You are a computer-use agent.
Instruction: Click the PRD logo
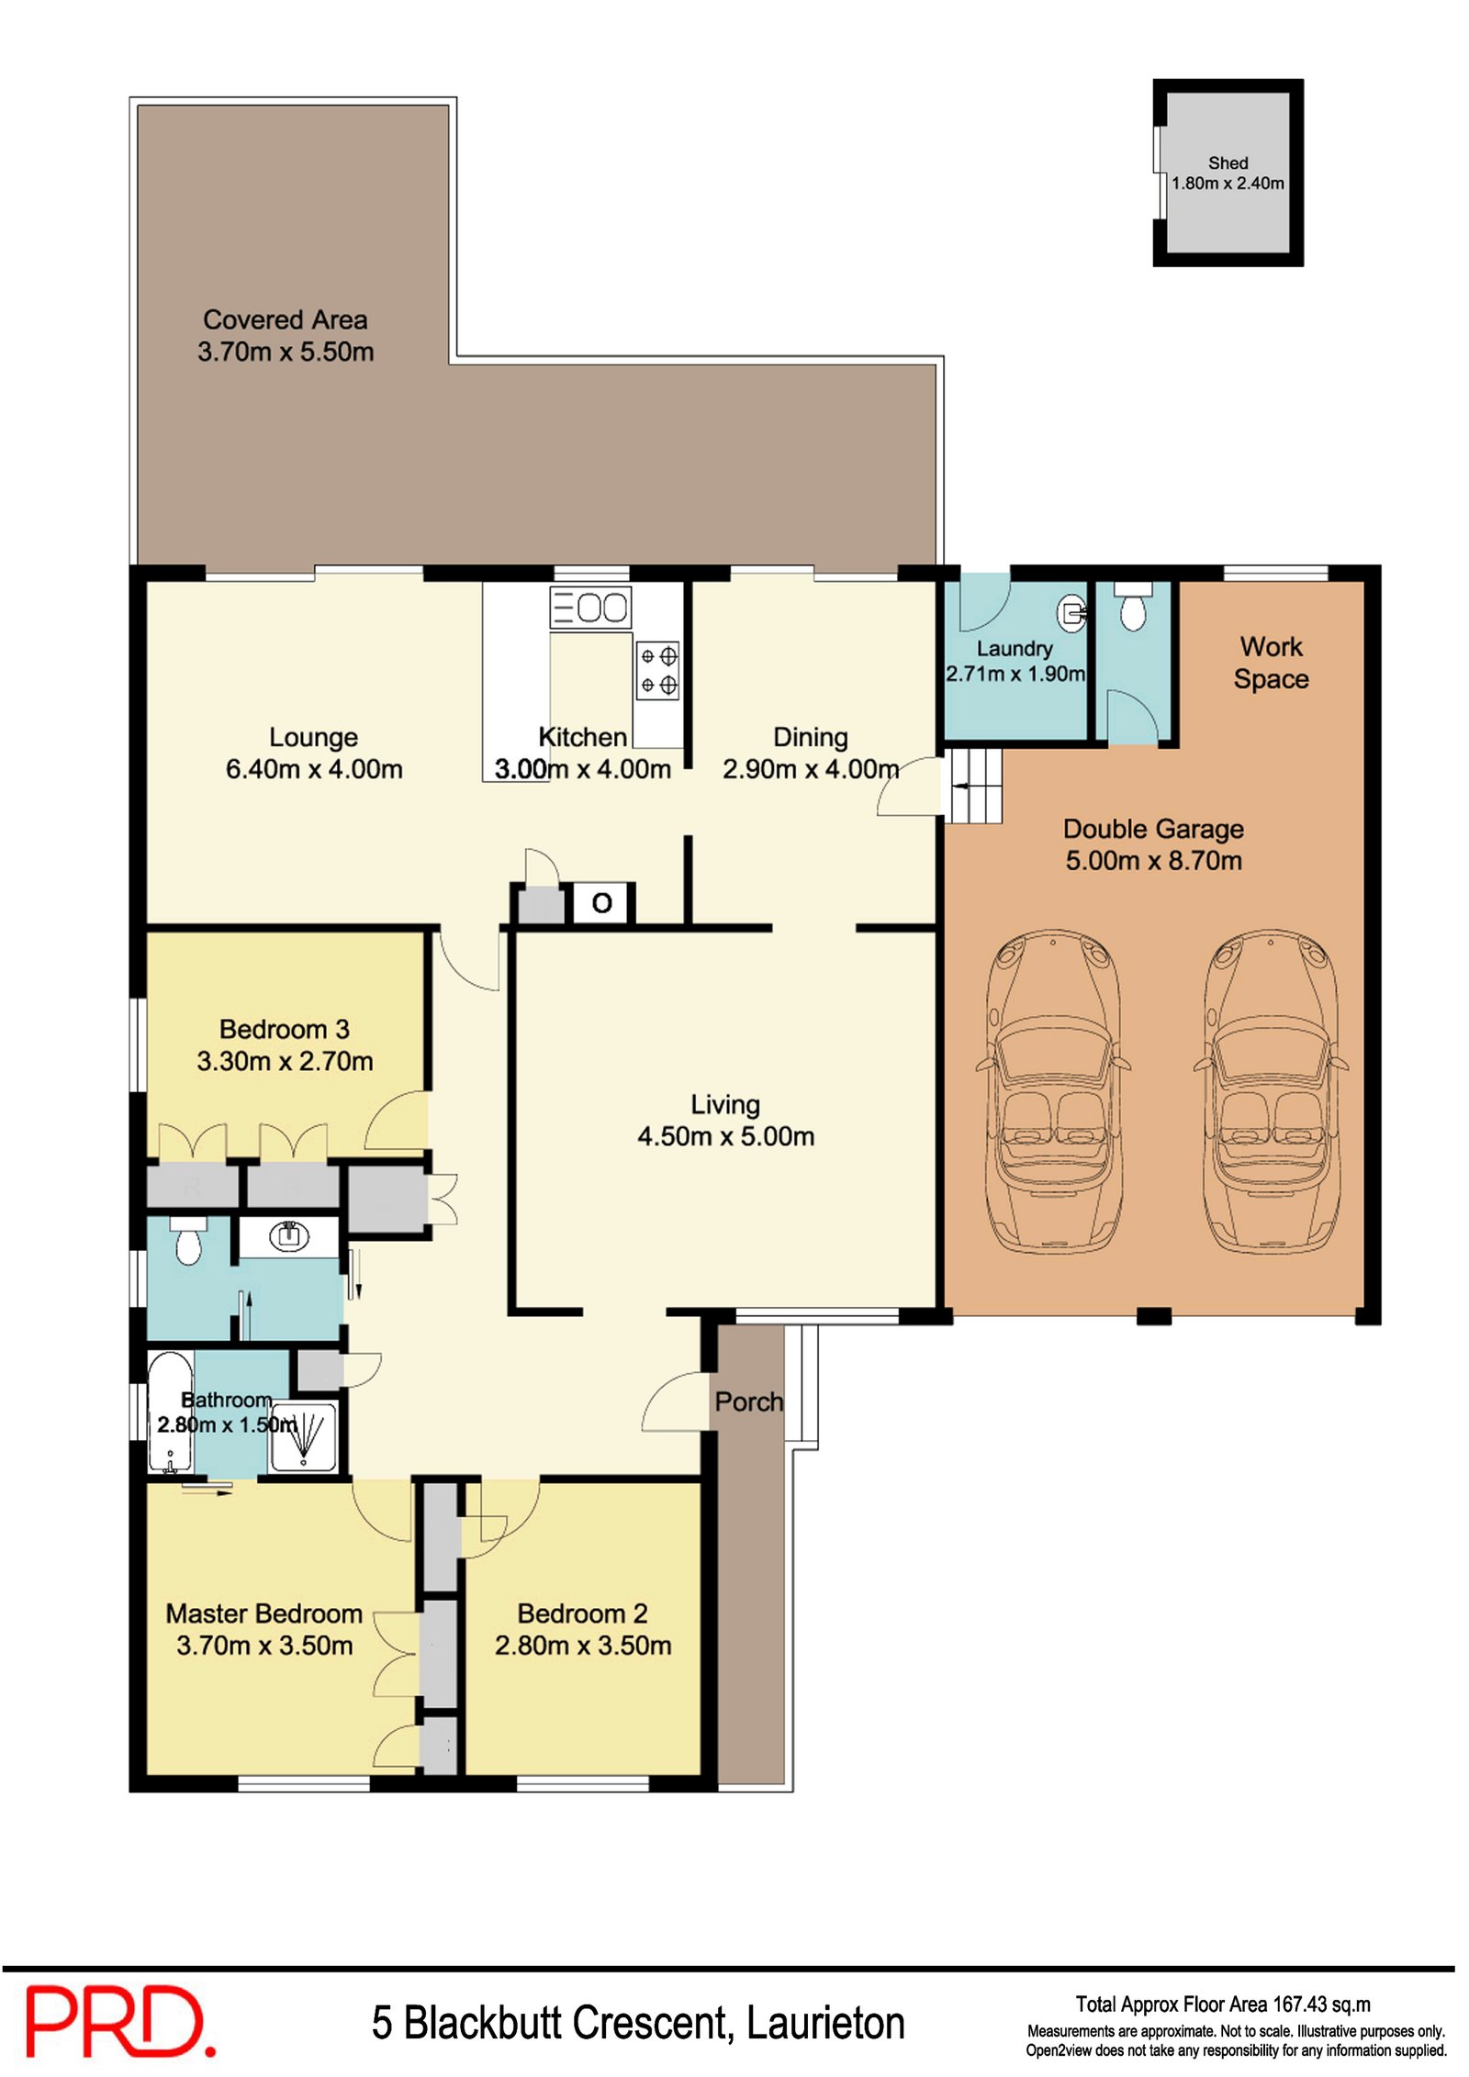119,2020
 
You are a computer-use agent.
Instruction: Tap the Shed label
1228,162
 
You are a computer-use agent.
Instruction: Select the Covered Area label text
285,319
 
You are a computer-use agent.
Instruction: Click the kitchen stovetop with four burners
658,670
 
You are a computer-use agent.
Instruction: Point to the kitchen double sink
590,608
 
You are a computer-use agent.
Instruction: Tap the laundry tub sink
1072,610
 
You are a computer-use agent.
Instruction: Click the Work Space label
1271,663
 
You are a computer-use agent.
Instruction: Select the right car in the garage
1271,1092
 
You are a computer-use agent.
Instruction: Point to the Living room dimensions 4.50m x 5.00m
725,1136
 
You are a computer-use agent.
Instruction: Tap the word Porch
749,1401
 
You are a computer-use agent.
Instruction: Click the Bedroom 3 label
285,1029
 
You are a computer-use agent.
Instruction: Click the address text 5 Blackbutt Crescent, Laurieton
638,2023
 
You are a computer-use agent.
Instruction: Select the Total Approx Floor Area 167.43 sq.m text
1223,2004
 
